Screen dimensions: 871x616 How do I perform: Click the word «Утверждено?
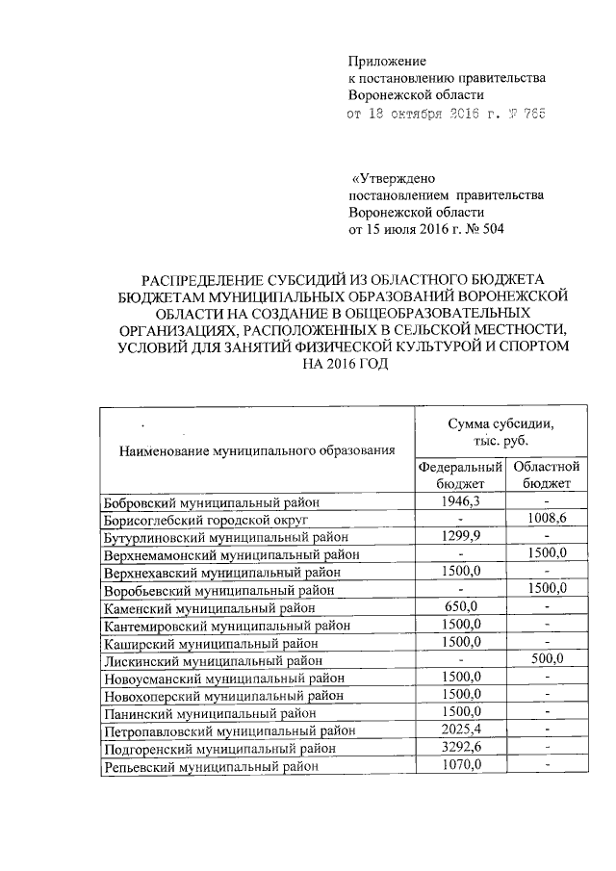point(396,178)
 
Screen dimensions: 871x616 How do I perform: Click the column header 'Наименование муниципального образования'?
point(257,449)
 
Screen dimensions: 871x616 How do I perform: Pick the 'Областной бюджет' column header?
point(546,474)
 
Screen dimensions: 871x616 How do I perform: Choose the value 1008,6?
point(546,518)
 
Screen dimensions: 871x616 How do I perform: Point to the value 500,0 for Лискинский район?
point(546,658)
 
